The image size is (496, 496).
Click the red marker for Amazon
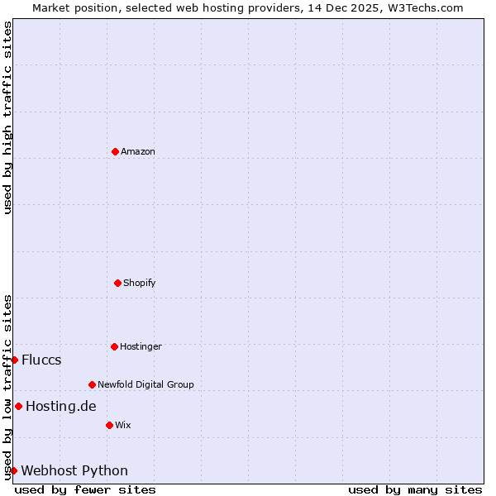[x=115, y=151]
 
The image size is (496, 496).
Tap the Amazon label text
[x=138, y=152]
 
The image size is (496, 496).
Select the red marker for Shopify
[x=117, y=283]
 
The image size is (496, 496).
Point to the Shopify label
[x=140, y=284]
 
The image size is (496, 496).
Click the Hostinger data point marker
[x=114, y=346]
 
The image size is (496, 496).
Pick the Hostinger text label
[x=141, y=347]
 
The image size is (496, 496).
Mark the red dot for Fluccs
[x=14, y=360]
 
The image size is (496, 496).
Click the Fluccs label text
[x=41, y=360]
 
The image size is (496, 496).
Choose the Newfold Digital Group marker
[x=92, y=384]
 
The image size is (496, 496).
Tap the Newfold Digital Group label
[x=145, y=384]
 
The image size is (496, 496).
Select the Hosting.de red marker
[x=18, y=406]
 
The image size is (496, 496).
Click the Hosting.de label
[x=61, y=407]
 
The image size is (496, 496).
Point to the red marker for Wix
[x=109, y=425]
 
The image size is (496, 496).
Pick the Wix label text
[x=123, y=426]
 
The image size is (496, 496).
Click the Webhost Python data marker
[x=13, y=470]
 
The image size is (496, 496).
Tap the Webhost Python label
[x=74, y=471]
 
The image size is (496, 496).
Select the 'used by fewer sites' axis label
[x=85, y=489]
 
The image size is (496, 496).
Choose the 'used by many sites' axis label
[x=415, y=489]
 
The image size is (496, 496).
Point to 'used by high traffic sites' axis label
[x=7, y=117]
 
